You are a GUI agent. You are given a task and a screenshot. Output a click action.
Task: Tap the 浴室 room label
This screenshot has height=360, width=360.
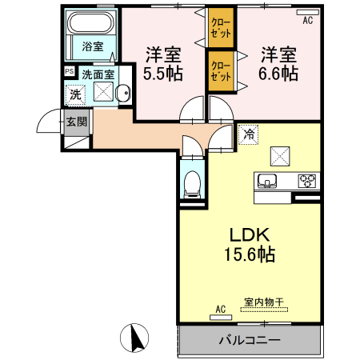click(x=93, y=46)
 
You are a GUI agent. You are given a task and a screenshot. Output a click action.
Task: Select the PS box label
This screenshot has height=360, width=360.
click(x=70, y=71)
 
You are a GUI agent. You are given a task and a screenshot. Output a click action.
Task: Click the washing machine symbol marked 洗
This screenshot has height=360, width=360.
click(x=75, y=94)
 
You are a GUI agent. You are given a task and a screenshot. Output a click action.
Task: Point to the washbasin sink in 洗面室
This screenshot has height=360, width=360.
click(x=123, y=93)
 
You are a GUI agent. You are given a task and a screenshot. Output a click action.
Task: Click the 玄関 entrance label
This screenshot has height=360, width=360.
click(x=77, y=122)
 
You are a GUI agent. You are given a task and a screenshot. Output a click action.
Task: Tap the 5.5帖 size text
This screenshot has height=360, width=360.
click(x=163, y=74)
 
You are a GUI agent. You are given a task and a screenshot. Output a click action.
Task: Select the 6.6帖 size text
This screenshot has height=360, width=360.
click(x=278, y=74)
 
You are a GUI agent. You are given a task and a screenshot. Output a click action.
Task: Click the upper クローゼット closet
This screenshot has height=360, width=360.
click(x=221, y=28)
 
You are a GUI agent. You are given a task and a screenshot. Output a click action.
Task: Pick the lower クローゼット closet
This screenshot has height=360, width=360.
click(x=221, y=71)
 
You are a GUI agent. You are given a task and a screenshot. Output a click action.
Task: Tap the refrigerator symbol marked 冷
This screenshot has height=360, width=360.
click(x=248, y=134)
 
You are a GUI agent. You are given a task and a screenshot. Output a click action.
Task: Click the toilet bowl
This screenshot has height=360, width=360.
click(x=192, y=185)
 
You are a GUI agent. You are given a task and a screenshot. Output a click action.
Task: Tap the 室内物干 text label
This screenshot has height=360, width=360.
click(x=264, y=302)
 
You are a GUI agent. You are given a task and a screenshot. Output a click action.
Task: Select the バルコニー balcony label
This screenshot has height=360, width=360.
click(x=250, y=340)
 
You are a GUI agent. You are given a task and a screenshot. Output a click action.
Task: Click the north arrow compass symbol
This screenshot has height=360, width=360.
click(x=134, y=338)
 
